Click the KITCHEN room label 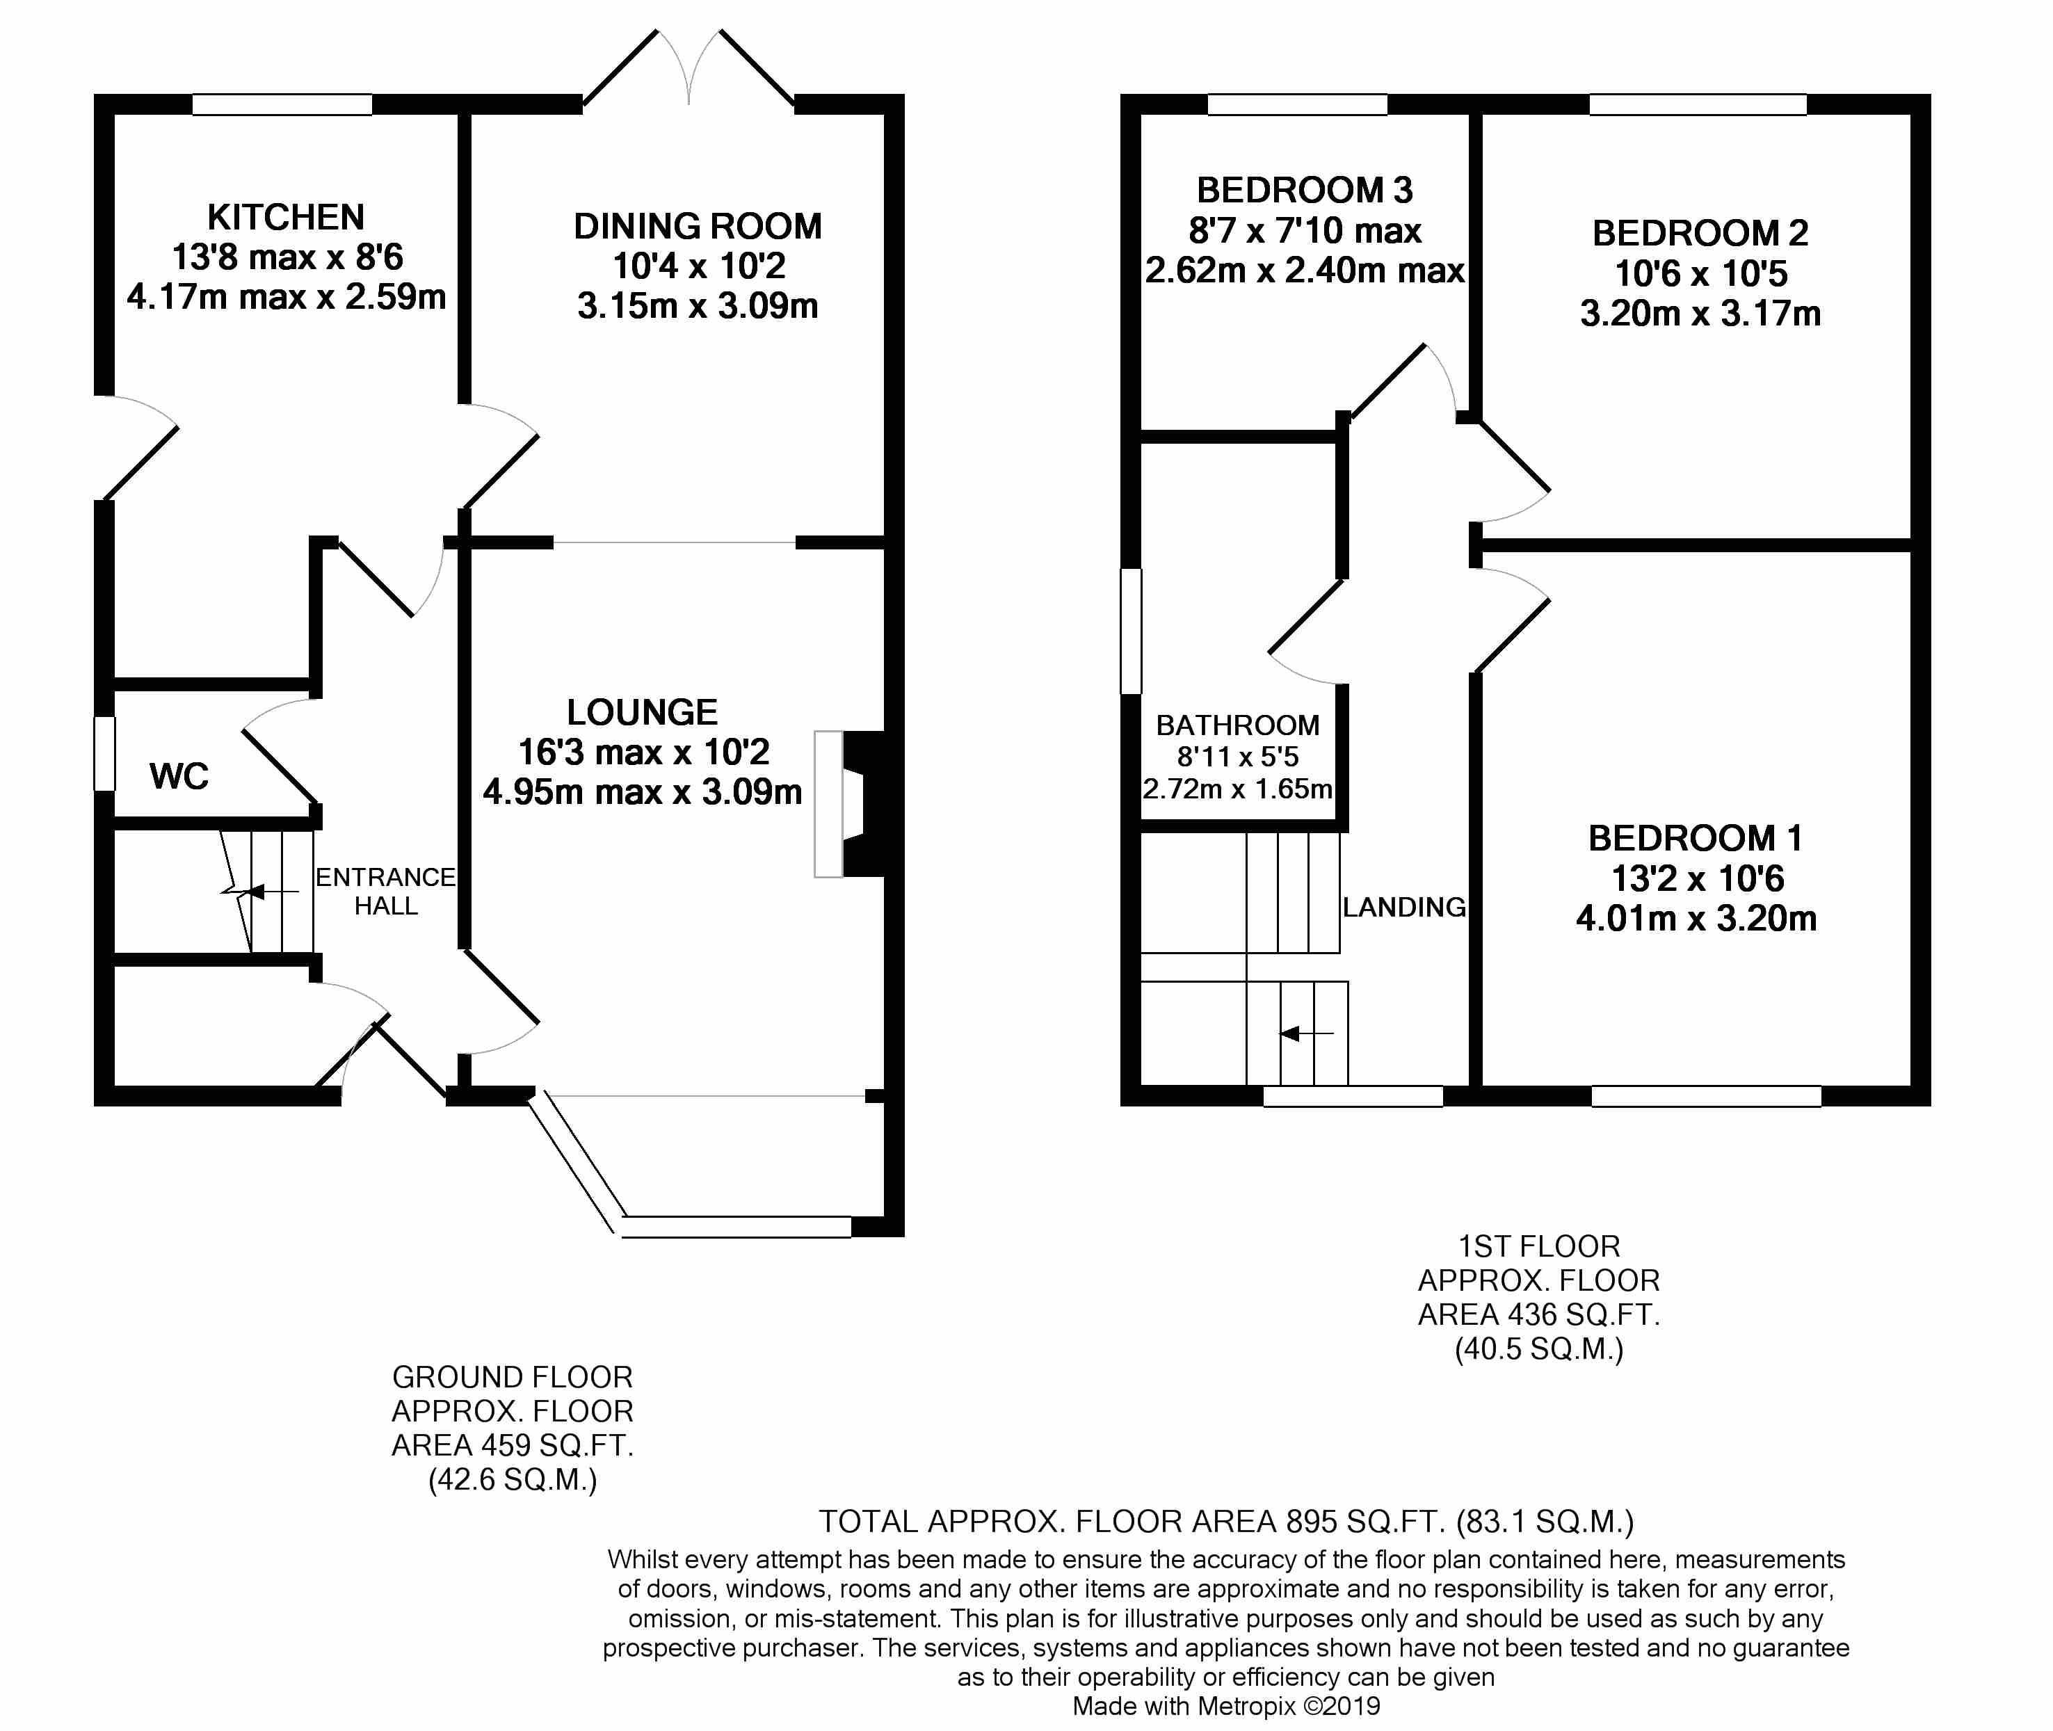pos(286,217)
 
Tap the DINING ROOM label pos(698,227)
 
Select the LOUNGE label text pos(642,712)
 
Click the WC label pos(179,776)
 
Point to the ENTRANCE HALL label pos(386,891)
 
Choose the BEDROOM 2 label pos(1700,234)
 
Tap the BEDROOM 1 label pos(1695,838)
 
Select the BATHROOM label pos(1237,725)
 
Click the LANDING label pos(1403,908)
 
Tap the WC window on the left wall pos(105,754)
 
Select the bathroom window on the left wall pos(1132,631)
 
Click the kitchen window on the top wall pos(282,104)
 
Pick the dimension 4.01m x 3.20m pos(1696,919)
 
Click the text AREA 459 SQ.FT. pos(513,1445)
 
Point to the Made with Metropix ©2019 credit pos(1225,1707)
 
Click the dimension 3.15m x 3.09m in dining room pos(698,306)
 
